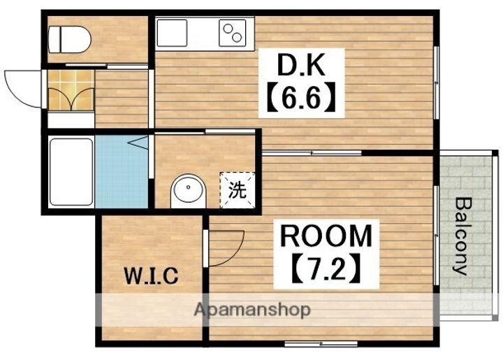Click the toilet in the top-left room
pos(70,39)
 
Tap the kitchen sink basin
pos(172,33)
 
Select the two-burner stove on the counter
pos(233,33)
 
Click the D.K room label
pos(301,65)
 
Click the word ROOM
pos(326,236)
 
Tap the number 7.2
pos(326,268)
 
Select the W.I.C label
pos(151,275)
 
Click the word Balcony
pos(464,237)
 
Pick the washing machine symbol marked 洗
pos(238,190)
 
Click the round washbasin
pos(188,189)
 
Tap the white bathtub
pos(71,172)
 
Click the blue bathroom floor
pos(122,172)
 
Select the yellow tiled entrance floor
pos(71,90)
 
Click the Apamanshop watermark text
pos(252,310)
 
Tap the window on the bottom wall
pos(321,344)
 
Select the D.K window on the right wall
pos(436,82)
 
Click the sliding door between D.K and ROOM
pos(312,153)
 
